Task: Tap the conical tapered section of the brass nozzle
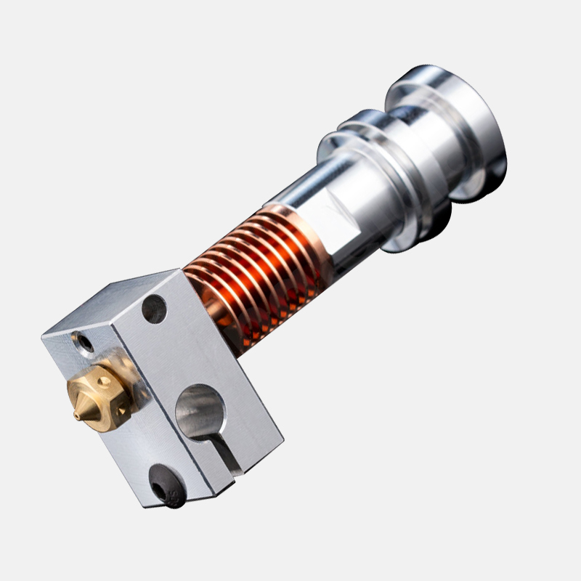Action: (84, 408)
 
